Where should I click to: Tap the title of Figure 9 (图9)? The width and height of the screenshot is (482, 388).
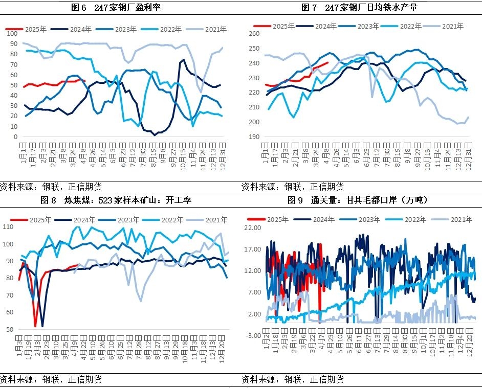(x=358, y=200)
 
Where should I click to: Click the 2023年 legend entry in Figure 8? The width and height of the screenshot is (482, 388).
(x=124, y=220)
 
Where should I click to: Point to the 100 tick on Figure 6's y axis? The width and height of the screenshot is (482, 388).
(x=12, y=33)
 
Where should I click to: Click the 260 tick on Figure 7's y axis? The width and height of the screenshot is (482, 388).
(x=254, y=34)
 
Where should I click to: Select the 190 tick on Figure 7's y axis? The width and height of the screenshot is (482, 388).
(x=254, y=137)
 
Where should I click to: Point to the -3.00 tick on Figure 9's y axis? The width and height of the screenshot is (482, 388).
(x=252, y=335)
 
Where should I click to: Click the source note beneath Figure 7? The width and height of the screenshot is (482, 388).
(x=292, y=187)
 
